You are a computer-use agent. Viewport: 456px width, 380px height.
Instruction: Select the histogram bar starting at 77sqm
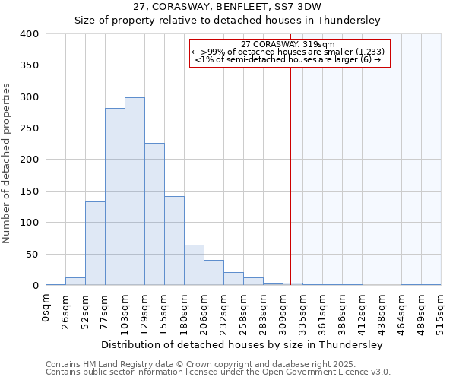115,197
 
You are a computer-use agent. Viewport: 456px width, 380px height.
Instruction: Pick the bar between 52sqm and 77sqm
95,243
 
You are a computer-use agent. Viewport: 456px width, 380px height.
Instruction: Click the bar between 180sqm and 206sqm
194,265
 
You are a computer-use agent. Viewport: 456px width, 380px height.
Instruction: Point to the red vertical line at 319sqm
290,190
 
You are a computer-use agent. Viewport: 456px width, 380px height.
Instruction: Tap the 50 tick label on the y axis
32,254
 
